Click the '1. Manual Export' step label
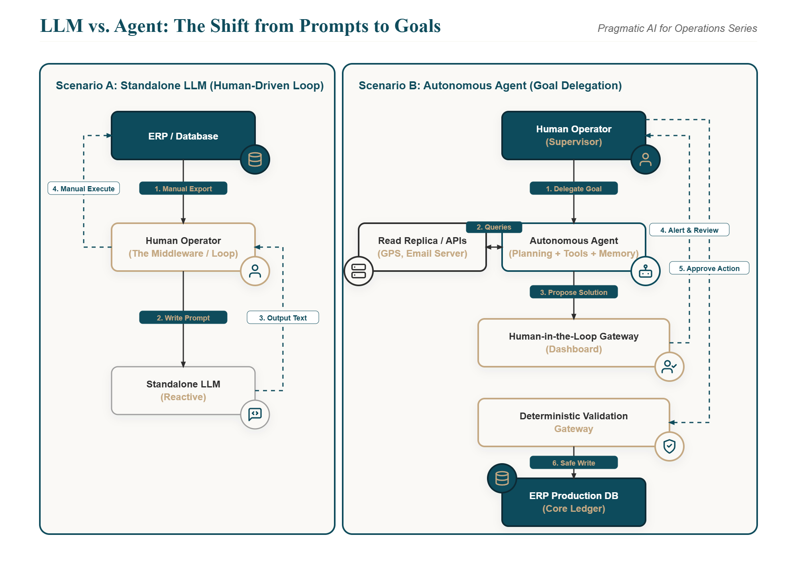pos(183,189)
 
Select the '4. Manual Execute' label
pos(84,189)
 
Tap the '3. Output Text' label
pos(283,318)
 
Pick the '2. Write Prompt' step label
pos(183,318)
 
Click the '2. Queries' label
pos(494,227)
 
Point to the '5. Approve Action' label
pos(709,268)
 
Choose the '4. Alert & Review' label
pos(689,230)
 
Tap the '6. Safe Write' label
pos(574,463)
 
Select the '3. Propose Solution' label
pos(574,292)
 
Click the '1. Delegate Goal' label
pos(574,189)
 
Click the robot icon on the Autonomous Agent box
pos(646,271)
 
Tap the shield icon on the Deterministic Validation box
pos(669,446)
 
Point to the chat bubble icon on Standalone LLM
pos(255,415)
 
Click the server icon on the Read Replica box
pos(359,271)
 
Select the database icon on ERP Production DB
pos(502,478)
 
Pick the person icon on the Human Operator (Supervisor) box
pos(646,159)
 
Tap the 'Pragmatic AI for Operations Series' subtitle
pos(677,28)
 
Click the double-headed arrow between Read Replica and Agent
pos(494,247)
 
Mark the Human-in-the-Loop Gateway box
pos(574,343)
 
